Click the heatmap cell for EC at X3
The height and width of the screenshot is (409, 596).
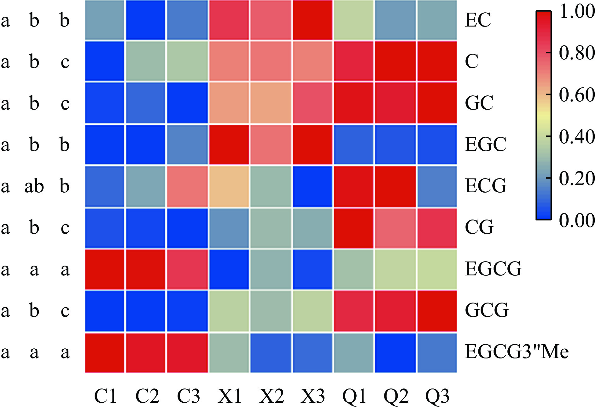tap(313, 20)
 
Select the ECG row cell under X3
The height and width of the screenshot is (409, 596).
tap(313, 186)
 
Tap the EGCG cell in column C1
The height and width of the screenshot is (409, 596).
tap(105, 269)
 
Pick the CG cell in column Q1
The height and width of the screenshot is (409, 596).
tap(354, 228)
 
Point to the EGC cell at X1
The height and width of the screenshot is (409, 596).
tap(229, 145)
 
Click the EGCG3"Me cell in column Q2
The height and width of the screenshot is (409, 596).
tap(395, 353)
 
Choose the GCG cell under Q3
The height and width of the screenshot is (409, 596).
tap(437, 311)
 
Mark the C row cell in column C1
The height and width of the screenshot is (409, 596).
tap(105, 61)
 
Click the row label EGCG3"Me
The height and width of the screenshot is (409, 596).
tap(517, 352)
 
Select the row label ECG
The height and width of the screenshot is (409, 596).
tap(486, 186)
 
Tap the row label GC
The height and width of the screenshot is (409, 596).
tap(479, 103)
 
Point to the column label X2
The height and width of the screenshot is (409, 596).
tap(272, 396)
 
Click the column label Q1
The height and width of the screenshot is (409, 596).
tap(354, 396)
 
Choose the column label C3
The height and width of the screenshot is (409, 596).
tap(188, 396)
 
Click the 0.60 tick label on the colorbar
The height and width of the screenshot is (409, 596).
tap(577, 95)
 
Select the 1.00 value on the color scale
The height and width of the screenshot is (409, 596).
tap(577, 11)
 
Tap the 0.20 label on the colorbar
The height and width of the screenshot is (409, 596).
tap(577, 178)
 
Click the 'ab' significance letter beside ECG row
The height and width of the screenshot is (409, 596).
tap(34, 186)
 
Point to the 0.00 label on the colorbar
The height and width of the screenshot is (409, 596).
tap(577, 220)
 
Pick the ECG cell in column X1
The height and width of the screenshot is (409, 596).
tap(229, 186)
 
